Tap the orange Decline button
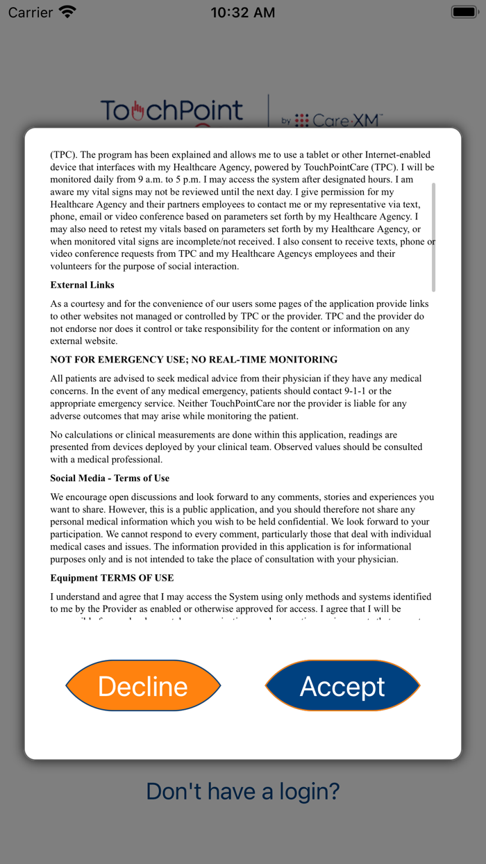143,686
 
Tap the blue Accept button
342,686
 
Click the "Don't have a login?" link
243,791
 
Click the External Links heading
82,285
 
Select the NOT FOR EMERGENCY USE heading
194,360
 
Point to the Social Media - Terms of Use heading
110,478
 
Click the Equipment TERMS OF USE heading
112,578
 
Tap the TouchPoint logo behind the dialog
171,111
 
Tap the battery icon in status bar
463,12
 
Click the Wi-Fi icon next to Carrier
67,12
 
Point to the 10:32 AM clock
242,13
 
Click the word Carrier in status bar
31,13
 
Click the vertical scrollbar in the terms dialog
433,236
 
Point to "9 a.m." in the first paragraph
152,179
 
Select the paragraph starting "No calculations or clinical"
236,447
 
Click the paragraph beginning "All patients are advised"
236,397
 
